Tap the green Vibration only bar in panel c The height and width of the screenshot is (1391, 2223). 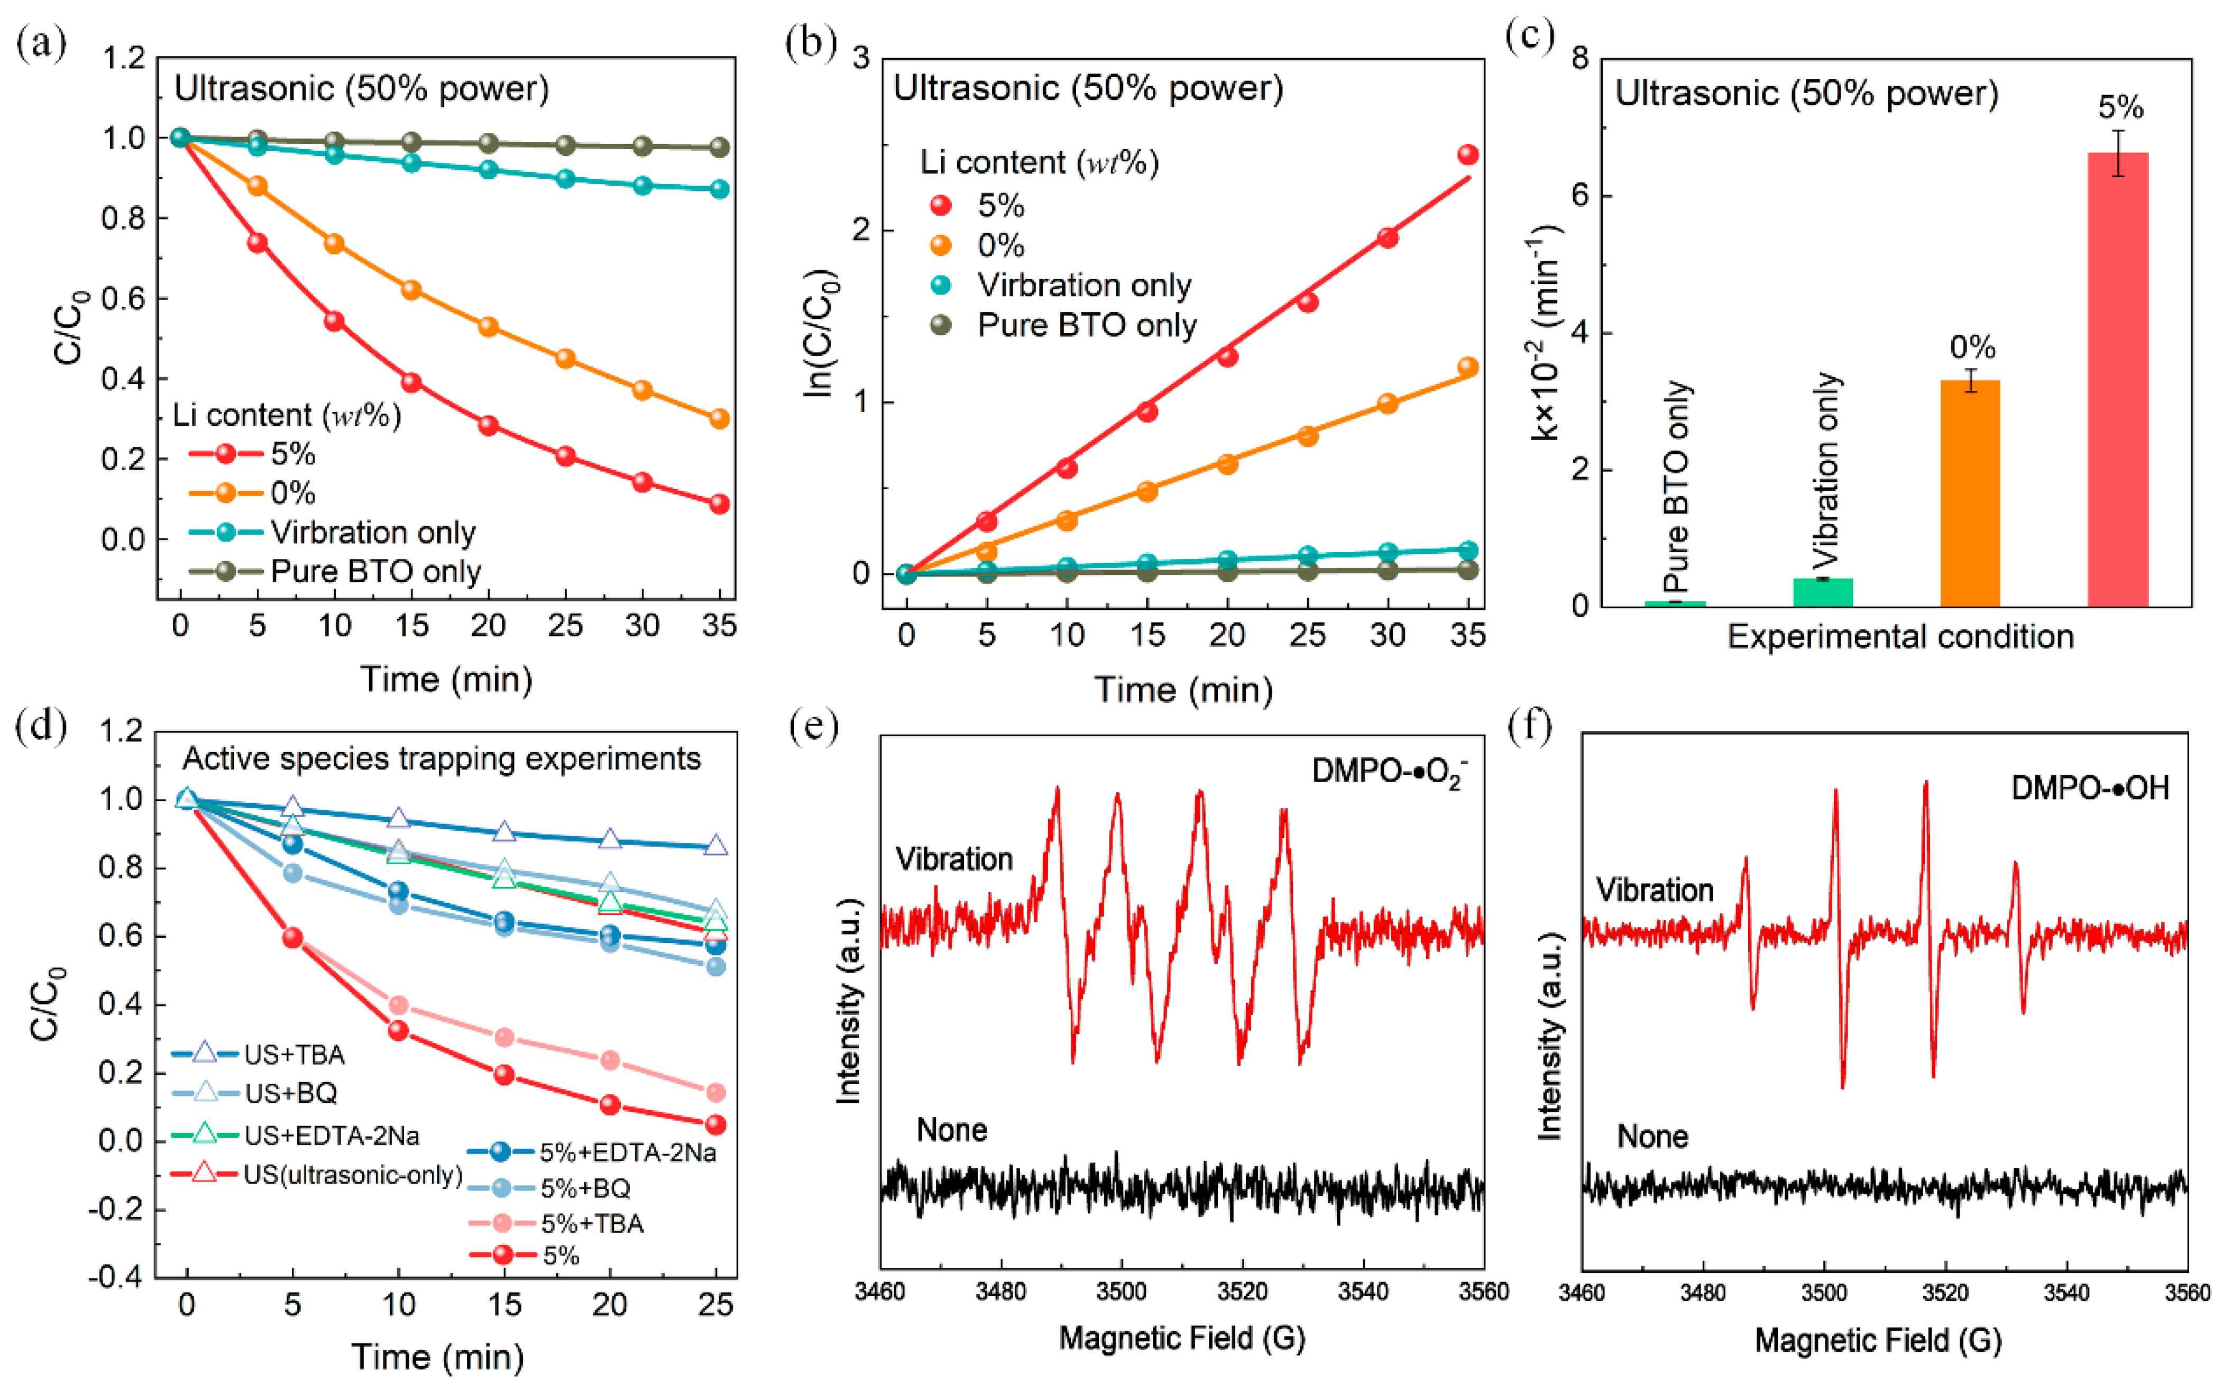(x=1822, y=591)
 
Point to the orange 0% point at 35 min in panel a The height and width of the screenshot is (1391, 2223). (x=719, y=418)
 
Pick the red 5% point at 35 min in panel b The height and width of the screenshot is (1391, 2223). (x=1468, y=154)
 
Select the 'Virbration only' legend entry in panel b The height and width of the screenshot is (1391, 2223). (x=1083, y=285)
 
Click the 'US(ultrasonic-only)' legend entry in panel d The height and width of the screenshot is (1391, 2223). (x=351, y=1175)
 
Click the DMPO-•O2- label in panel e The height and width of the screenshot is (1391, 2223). (x=1388, y=772)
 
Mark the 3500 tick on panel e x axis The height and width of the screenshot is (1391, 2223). (x=1121, y=1292)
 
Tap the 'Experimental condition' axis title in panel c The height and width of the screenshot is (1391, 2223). (x=1900, y=637)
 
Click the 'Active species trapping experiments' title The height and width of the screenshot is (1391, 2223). (x=442, y=759)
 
